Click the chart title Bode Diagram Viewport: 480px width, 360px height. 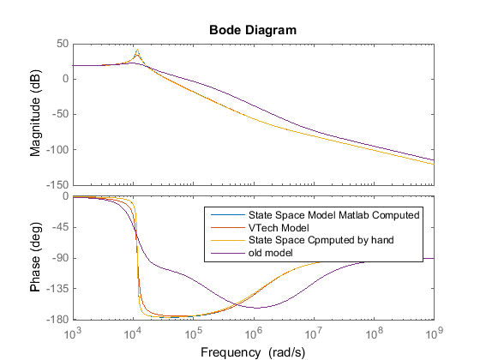[x=252, y=29]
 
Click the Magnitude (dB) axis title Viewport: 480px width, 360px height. [x=36, y=113]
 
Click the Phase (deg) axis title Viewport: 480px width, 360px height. [x=36, y=258]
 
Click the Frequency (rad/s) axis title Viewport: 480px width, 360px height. [x=252, y=351]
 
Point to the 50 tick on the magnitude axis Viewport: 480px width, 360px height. [x=60, y=43]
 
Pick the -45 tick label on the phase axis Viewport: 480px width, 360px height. [x=58, y=227]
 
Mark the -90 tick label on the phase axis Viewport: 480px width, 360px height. [x=58, y=258]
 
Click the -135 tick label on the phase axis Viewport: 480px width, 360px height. [x=57, y=289]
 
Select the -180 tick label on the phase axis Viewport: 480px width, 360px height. [x=57, y=320]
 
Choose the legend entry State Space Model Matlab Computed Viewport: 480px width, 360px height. [x=333, y=215]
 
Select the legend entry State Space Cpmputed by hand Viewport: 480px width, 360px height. [x=321, y=241]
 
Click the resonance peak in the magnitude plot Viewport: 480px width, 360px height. [x=137, y=52]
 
